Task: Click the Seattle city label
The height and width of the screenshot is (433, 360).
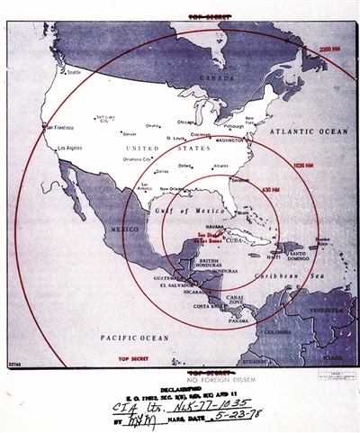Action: (73, 72)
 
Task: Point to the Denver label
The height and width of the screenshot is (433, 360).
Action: (130, 132)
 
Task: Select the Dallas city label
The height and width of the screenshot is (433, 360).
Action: (162, 170)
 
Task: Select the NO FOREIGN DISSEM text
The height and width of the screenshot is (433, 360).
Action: (209, 380)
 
